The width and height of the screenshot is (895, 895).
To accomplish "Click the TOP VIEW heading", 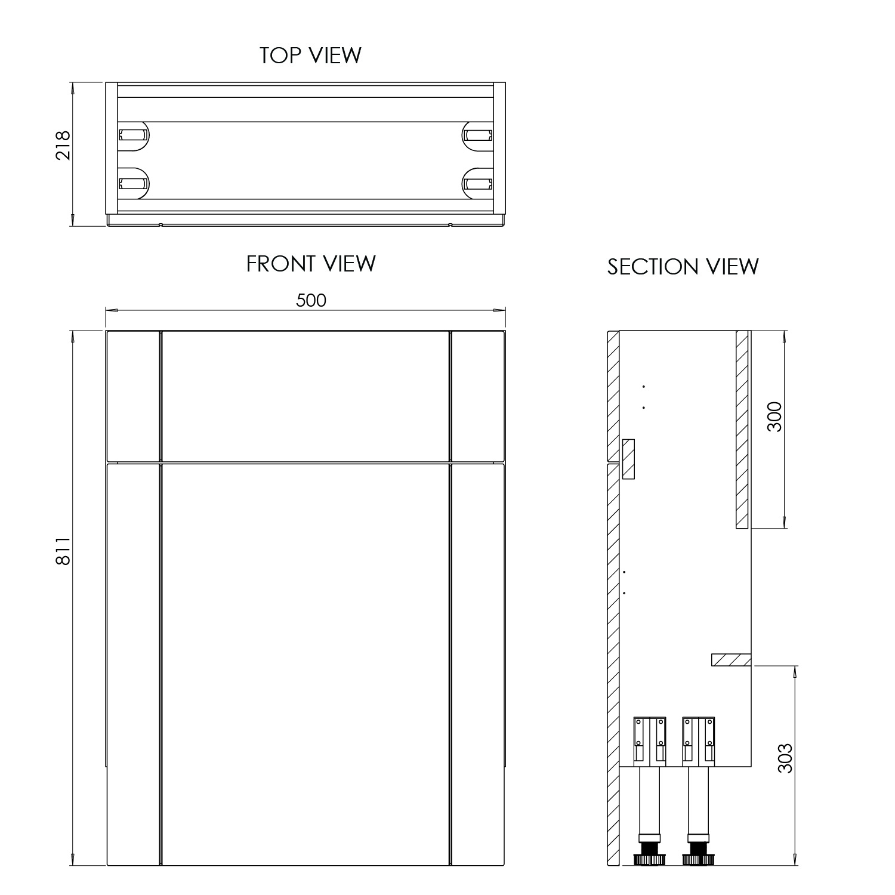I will pyautogui.click(x=310, y=55).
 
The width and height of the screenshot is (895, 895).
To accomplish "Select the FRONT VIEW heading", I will pyautogui.click(x=311, y=264).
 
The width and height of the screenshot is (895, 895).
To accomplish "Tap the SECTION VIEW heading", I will pyautogui.click(x=683, y=267).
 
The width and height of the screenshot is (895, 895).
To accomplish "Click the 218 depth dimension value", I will pyautogui.click(x=63, y=145).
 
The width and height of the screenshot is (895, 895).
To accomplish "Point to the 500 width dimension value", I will pyautogui.click(x=311, y=300).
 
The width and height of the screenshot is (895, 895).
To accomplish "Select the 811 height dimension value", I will pyautogui.click(x=63, y=550).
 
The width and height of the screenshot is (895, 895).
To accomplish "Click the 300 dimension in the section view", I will pyautogui.click(x=774, y=417).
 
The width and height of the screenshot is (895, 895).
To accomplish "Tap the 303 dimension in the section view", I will pyautogui.click(x=786, y=758).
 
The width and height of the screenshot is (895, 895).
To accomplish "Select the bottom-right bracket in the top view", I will pyautogui.click(x=479, y=183).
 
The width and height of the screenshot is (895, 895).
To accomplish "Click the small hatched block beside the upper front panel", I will pyautogui.click(x=628, y=458).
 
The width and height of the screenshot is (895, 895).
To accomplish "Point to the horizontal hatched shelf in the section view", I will pyautogui.click(x=731, y=659).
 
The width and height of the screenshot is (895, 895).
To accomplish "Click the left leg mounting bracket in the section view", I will pyautogui.click(x=649, y=741).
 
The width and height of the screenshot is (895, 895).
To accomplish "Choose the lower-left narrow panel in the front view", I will pyautogui.click(x=132, y=662).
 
